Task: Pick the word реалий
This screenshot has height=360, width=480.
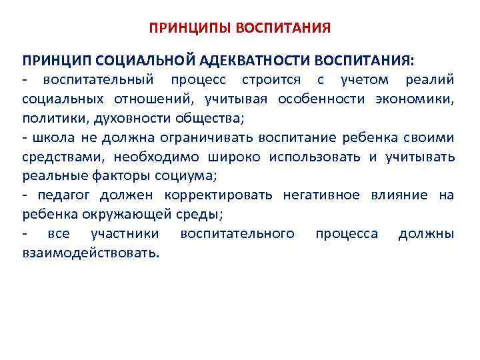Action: point(430,80)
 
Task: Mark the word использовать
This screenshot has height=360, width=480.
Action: point(318,157)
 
